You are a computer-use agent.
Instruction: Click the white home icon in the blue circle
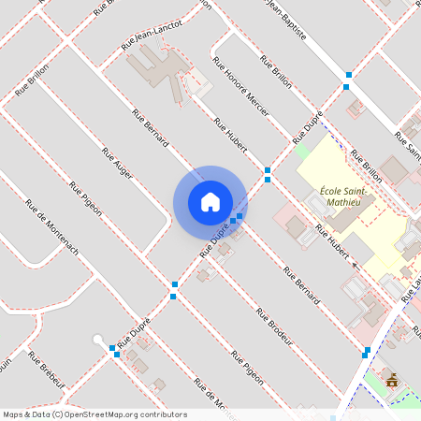[210, 202]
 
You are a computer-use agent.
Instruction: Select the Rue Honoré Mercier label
[241, 90]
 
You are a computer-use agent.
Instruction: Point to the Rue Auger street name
[117, 162]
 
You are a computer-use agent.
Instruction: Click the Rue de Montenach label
[52, 229]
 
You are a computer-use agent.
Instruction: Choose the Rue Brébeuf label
[47, 370]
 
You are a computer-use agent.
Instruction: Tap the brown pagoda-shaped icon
[391, 380]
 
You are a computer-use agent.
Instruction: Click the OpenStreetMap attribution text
[94, 414]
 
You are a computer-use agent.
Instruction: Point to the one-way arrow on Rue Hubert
[355, 264]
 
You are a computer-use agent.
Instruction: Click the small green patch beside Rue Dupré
[301, 150]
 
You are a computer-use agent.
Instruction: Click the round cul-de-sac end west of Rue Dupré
[97, 341]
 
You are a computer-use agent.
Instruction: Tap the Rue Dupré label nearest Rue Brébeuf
[133, 332]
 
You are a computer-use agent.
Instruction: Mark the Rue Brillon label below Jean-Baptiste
[276, 72]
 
